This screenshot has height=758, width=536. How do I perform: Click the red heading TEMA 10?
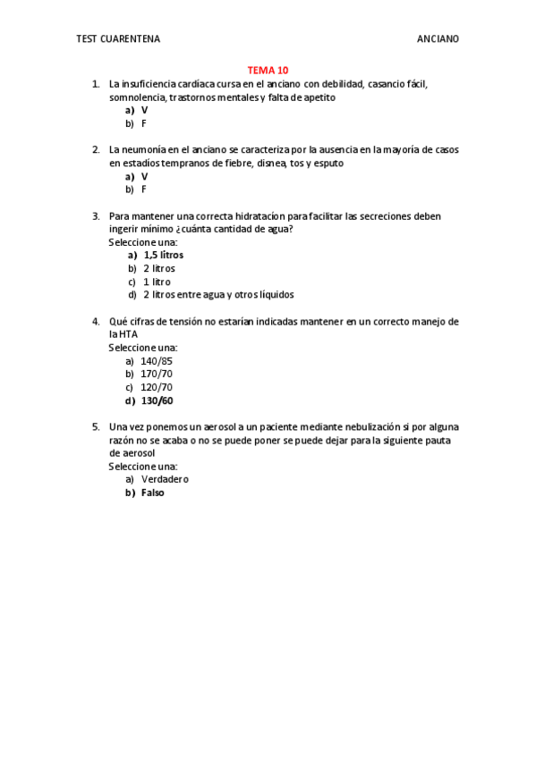click(268, 70)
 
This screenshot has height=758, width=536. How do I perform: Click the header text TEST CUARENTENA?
click(118, 39)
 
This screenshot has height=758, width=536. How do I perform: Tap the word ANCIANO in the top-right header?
click(438, 39)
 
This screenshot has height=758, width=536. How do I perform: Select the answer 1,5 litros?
click(163, 255)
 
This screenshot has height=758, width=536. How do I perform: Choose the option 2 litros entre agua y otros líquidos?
click(217, 295)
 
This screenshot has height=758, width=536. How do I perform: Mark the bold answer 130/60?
click(157, 400)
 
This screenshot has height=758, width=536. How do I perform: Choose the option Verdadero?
click(165, 479)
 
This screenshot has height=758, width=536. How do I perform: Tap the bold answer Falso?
click(153, 493)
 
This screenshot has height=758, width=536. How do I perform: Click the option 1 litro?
click(156, 282)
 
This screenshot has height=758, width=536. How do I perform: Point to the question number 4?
click(95, 321)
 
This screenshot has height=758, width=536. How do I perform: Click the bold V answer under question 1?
click(144, 110)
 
